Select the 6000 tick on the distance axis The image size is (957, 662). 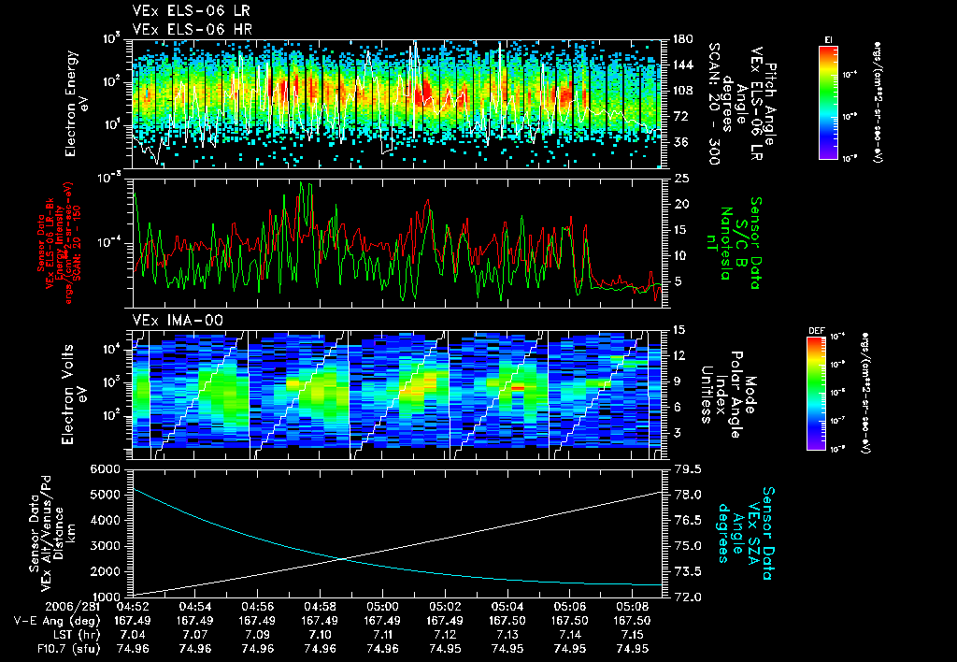107,468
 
